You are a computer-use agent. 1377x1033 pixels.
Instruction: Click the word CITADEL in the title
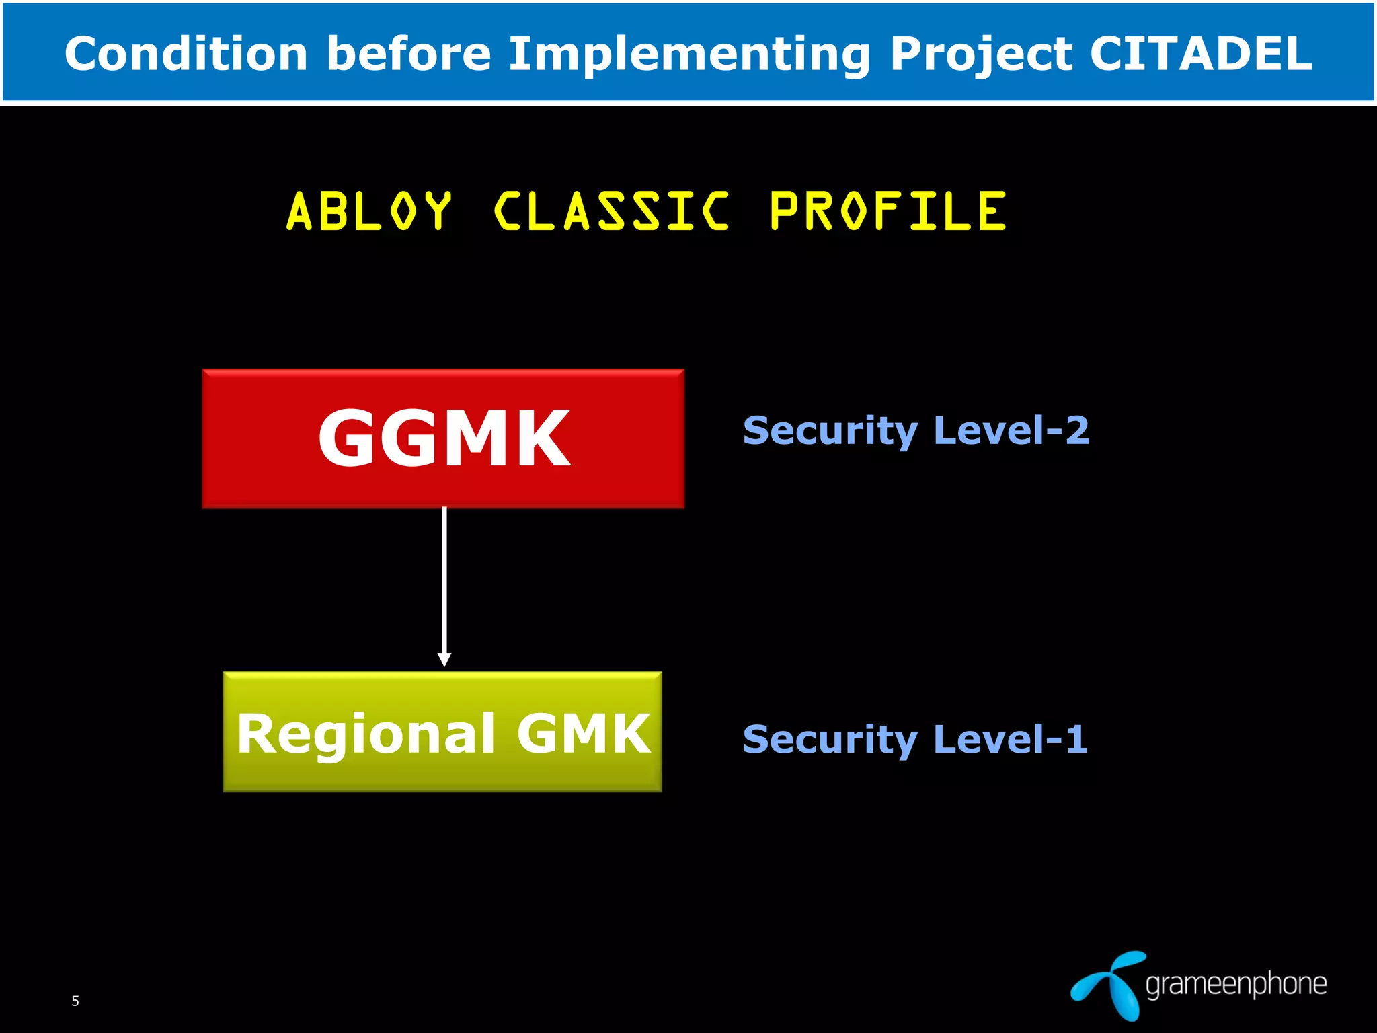tap(1200, 54)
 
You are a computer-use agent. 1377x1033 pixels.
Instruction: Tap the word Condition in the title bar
tap(186, 54)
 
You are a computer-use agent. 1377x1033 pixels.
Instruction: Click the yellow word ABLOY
tap(368, 211)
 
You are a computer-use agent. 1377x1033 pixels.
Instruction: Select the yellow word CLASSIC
tap(611, 211)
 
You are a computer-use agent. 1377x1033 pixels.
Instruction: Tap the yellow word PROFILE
tap(888, 211)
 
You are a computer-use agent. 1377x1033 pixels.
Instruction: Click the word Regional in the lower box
tap(366, 734)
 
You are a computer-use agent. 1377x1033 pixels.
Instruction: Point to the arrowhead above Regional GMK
tap(444, 659)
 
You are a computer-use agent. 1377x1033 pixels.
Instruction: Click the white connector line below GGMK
tap(444, 578)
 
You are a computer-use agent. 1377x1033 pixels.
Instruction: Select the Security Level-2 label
tap(916, 430)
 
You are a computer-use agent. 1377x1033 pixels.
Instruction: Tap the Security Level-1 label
tap(914, 739)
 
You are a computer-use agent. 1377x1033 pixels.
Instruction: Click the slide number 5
tap(75, 1001)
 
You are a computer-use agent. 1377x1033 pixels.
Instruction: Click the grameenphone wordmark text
tap(1236, 984)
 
